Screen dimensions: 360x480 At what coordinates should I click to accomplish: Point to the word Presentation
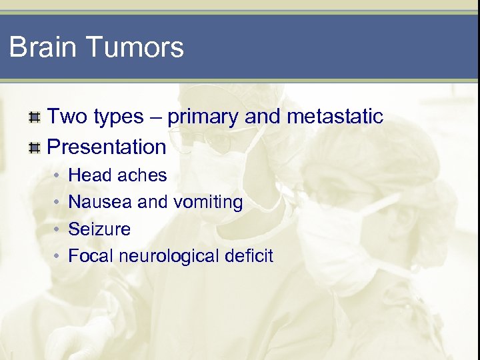click(x=107, y=147)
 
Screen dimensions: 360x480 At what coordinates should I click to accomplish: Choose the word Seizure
click(x=99, y=229)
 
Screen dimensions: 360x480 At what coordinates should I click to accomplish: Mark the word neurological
click(x=169, y=256)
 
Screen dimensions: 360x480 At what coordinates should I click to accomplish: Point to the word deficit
click(x=251, y=256)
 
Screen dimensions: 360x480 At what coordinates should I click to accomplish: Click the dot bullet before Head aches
click(x=58, y=176)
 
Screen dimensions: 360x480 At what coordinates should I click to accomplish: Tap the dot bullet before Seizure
click(x=58, y=230)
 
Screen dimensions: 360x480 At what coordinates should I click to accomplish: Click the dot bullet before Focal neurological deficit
click(x=58, y=257)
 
